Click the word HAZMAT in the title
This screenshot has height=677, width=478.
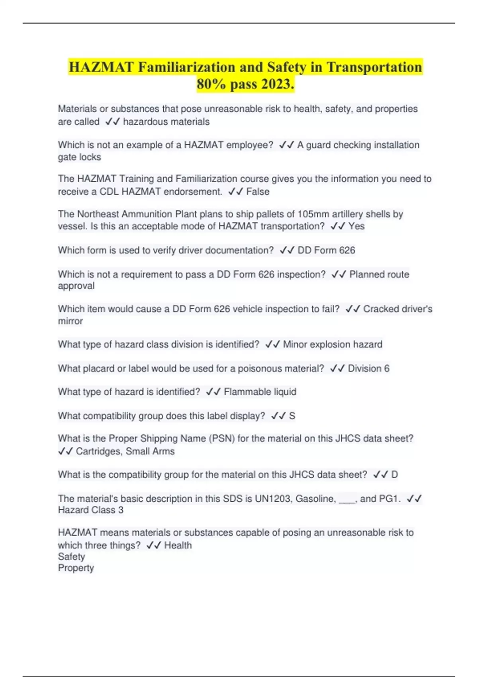pyautogui.click(x=101, y=67)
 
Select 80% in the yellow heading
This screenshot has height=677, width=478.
pyautogui.click(x=212, y=84)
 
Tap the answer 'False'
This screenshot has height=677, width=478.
pyautogui.click(x=258, y=192)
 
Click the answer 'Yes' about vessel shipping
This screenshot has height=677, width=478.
pyautogui.click(x=357, y=226)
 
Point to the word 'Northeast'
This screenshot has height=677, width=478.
pyautogui.click(x=98, y=214)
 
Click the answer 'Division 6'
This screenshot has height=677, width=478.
pyautogui.click(x=368, y=368)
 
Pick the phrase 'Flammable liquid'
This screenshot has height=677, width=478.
pyautogui.click(x=260, y=392)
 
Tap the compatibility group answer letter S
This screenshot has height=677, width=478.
pyautogui.click(x=292, y=416)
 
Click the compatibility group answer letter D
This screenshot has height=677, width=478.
pyautogui.click(x=394, y=475)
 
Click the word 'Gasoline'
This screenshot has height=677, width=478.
pyautogui.click(x=315, y=499)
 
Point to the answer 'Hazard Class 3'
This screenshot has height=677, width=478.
pyautogui.click(x=91, y=510)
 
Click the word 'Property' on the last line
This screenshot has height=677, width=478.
pyautogui.click(x=76, y=568)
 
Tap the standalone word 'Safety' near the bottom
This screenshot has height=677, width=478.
pyautogui.click(x=71, y=556)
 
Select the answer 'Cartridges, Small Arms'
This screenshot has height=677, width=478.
pyautogui.click(x=125, y=451)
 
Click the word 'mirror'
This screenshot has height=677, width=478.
pyautogui.click(x=71, y=321)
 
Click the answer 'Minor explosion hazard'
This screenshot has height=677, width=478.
pyautogui.click(x=333, y=344)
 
